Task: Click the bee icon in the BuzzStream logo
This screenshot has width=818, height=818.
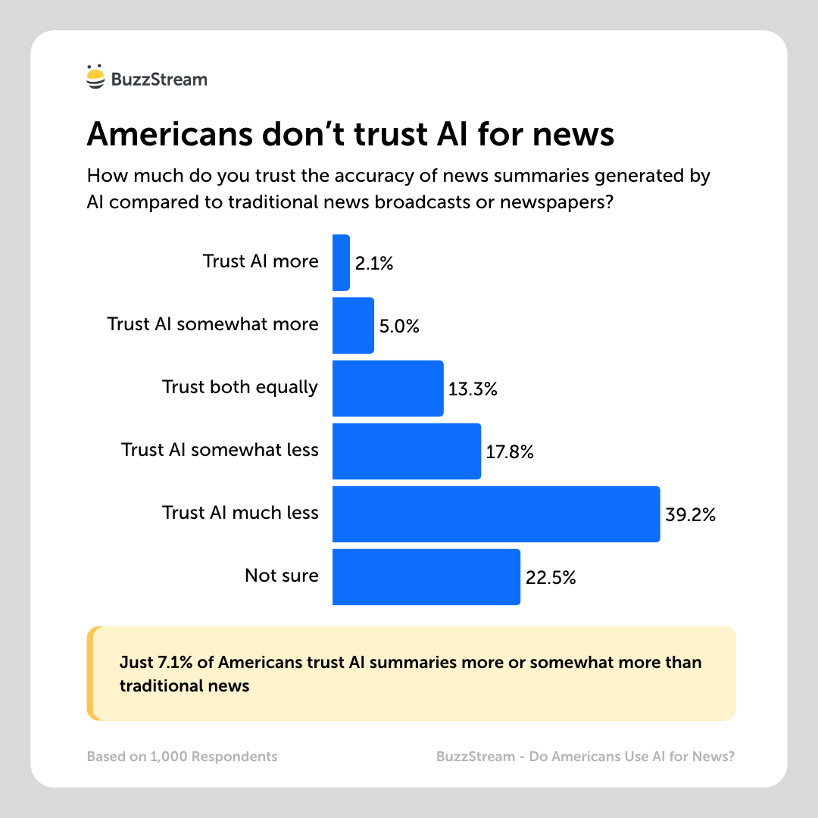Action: (x=95, y=78)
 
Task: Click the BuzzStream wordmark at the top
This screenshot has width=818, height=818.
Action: (x=158, y=79)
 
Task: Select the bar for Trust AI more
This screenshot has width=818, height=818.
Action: (x=341, y=262)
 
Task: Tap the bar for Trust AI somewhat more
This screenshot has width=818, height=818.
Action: (x=353, y=325)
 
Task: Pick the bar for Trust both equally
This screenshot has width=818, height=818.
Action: (x=388, y=388)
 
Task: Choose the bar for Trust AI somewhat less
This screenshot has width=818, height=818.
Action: (x=407, y=451)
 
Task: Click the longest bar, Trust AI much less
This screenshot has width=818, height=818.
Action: (x=496, y=514)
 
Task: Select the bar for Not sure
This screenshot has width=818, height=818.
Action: (x=426, y=576)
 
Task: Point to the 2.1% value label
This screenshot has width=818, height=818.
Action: (x=374, y=264)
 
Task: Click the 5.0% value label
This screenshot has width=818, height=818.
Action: (x=399, y=326)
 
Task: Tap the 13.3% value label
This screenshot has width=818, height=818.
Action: (x=473, y=389)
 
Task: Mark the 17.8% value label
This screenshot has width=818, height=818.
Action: (x=510, y=452)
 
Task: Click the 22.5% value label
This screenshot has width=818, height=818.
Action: (x=551, y=578)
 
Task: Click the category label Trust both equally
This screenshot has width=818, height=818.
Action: (x=240, y=387)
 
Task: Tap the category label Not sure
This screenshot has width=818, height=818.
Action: (x=282, y=576)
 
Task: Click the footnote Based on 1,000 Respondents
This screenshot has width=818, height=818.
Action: (x=182, y=756)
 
